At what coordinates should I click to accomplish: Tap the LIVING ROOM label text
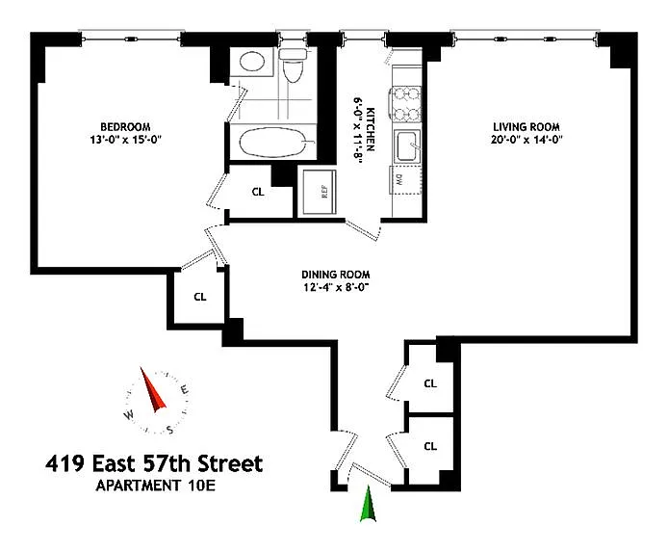527,127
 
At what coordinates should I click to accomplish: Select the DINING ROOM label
335,273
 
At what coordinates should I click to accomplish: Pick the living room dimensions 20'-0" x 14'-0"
527,141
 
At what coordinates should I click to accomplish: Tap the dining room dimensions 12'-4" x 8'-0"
335,286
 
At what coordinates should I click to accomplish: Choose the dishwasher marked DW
398,177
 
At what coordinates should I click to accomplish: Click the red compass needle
154,390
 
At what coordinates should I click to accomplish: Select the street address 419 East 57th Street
154,464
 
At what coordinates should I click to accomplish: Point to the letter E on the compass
183,389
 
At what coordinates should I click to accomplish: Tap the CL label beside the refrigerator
257,191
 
